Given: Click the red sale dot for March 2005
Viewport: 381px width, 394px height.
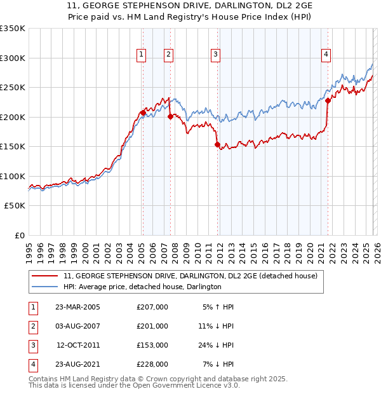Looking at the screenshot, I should (x=143, y=113).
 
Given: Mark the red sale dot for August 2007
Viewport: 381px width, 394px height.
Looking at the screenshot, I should (x=170, y=116).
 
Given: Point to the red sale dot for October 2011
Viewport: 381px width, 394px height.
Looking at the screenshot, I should (x=217, y=145).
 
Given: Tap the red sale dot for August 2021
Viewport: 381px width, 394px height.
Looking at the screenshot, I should (x=328, y=100).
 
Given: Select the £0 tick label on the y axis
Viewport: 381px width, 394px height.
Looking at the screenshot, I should (x=20, y=235).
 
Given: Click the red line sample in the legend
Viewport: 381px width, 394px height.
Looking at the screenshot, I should (x=46, y=276).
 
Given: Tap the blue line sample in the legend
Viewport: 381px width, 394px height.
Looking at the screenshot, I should (x=46, y=287).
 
